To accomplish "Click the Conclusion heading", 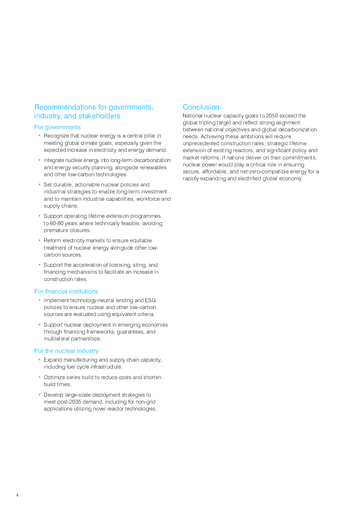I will pyautogui.click(x=201, y=107).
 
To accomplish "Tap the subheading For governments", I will pyautogui.click(x=57, y=127).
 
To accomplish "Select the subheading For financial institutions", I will pyautogui.click(x=66, y=292).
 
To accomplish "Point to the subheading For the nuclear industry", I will pyautogui.click(x=66, y=351).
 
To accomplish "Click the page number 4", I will pyautogui.click(x=17, y=495).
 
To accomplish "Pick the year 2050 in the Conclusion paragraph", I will pyautogui.click(x=272, y=116).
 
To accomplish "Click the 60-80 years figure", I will pyautogui.click(x=57, y=223).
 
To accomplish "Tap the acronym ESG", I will pyautogui.click(x=150, y=300).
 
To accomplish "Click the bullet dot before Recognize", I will pyautogui.click(x=39, y=136).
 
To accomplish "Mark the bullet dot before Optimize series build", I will pyautogui.click(x=39, y=377).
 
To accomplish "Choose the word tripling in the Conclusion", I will pyautogui.click(x=207, y=123).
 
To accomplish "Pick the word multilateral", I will pyautogui.click(x=57, y=339).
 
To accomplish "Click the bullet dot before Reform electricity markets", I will pyautogui.click(x=39, y=240).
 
